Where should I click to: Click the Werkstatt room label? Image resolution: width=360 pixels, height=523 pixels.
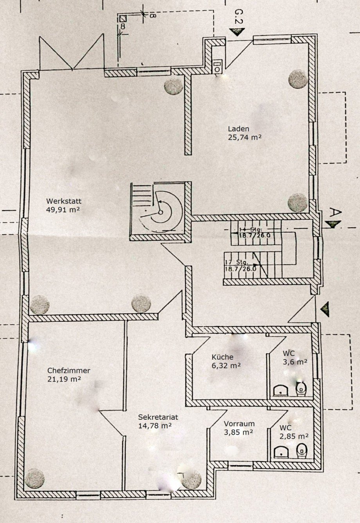coord(64,201)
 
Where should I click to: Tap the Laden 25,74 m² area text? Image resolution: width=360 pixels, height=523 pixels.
coord(245,137)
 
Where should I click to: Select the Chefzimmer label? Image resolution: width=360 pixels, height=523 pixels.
coord(69,370)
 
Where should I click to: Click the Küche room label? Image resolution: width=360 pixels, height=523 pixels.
coord(222,357)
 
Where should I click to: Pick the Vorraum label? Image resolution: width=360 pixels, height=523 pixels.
coord(239,424)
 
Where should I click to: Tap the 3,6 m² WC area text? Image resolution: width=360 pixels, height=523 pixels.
coord(295,362)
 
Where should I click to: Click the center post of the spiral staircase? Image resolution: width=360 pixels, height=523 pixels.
coord(160,212)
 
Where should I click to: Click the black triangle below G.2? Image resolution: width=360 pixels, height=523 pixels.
coord(237,32)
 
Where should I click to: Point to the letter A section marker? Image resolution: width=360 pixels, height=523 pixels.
coord(335,212)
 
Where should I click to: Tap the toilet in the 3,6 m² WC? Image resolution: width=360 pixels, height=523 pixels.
coord(301,388)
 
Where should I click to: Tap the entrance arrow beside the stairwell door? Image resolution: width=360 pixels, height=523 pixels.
coord(325,309)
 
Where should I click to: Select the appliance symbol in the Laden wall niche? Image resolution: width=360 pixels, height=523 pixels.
coord(218,66)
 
